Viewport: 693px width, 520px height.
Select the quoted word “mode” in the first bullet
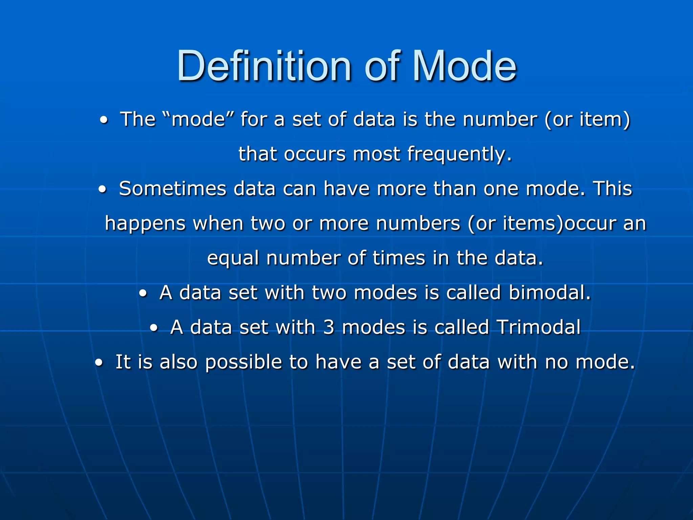[198, 119]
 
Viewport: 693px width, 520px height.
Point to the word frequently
[459, 154]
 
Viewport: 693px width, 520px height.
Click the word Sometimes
[173, 189]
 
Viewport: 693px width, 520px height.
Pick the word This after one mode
[612, 189]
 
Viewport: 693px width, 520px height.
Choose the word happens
[145, 224]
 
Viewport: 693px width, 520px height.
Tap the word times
[399, 258]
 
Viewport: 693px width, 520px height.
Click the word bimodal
[550, 292]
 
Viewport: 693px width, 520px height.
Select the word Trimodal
[539, 327]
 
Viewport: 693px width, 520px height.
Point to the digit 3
[329, 327]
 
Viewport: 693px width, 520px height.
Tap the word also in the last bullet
[178, 362]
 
